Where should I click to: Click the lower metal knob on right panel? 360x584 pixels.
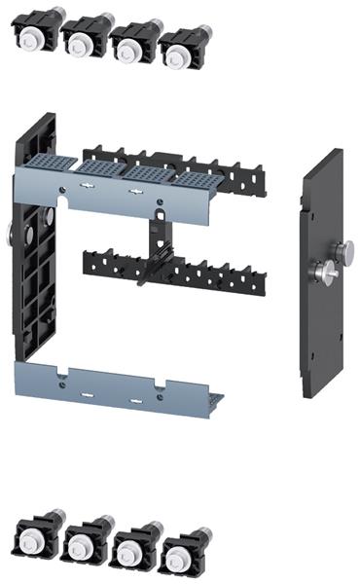point(323,274)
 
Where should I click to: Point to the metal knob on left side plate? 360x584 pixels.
point(9,234)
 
